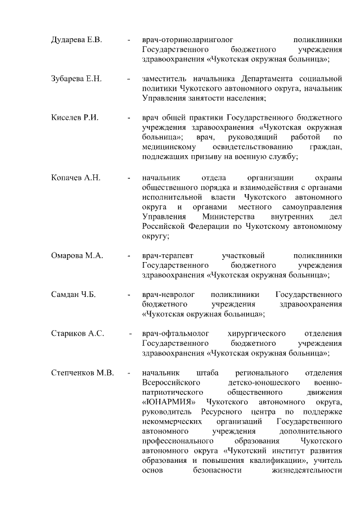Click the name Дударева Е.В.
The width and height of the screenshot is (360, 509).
coord(76,40)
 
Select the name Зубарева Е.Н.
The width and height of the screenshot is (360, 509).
coord(76,78)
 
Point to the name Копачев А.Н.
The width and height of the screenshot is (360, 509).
coord(75,178)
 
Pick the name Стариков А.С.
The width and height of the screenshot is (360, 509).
coord(77,334)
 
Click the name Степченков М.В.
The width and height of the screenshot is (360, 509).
coord(82,372)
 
